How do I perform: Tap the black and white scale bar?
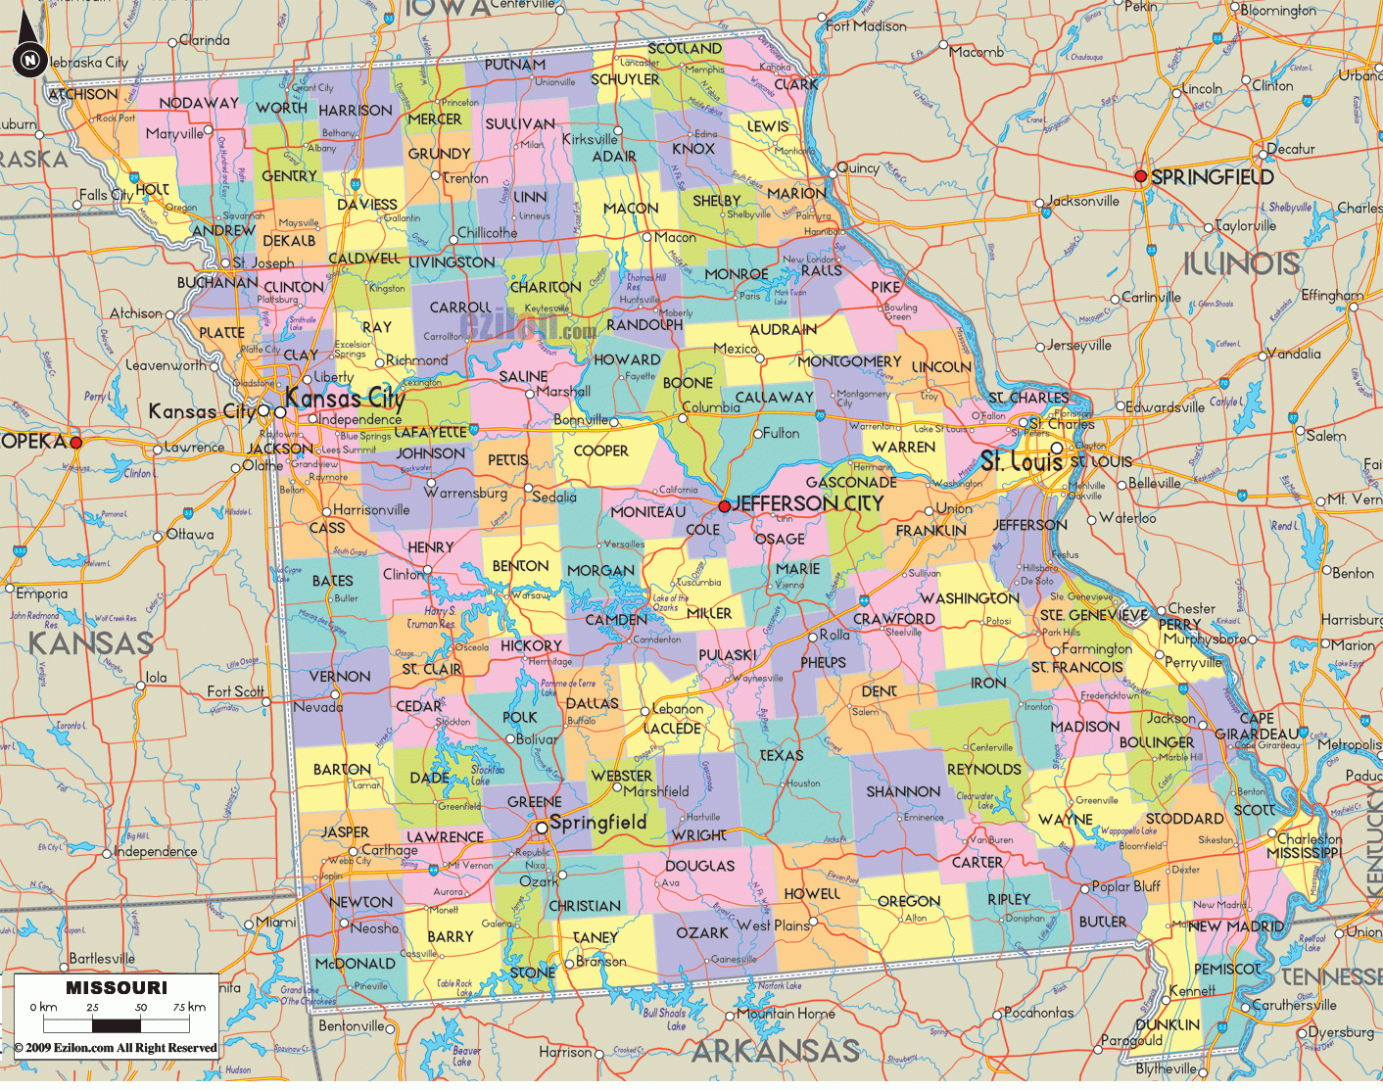[118, 1025]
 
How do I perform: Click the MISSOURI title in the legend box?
[117, 987]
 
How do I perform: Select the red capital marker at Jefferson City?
[724, 506]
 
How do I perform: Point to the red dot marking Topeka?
[76, 443]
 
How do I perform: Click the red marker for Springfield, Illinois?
[1140, 176]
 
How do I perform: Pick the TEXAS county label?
[781, 755]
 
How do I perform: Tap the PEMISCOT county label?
[1227, 969]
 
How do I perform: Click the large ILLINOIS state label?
[1241, 263]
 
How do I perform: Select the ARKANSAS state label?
[775, 1052]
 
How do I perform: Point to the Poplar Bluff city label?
[1125, 886]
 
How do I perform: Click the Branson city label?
[600, 962]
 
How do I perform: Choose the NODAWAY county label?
[199, 103]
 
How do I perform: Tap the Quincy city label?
[858, 167]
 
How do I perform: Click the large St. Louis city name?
[1022, 460]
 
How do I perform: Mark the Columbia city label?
[711, 407]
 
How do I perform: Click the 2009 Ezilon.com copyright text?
[116, 1048]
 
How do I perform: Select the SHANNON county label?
[903, 791]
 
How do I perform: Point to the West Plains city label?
[773, 925]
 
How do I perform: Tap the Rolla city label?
[835, 635]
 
